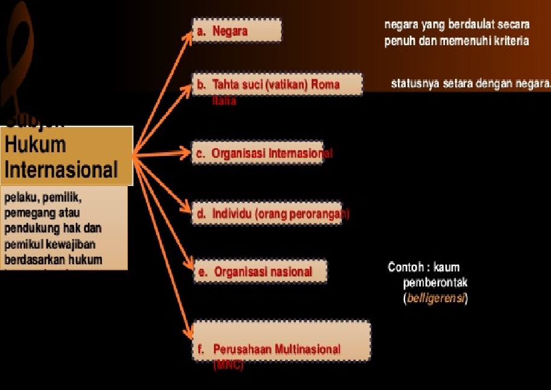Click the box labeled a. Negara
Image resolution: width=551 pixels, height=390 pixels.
[236, 31]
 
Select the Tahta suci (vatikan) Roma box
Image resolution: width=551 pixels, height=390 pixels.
[277, 84]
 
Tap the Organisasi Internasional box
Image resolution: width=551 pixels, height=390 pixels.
[262, 153]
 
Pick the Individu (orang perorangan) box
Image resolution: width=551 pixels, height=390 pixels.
[266, 214]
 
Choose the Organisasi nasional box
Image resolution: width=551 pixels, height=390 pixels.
[259, 271]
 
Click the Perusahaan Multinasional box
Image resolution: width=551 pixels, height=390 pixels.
[280, 341]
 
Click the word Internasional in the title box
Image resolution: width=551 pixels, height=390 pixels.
[61, 170]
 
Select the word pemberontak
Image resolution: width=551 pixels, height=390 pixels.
[435, 282]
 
